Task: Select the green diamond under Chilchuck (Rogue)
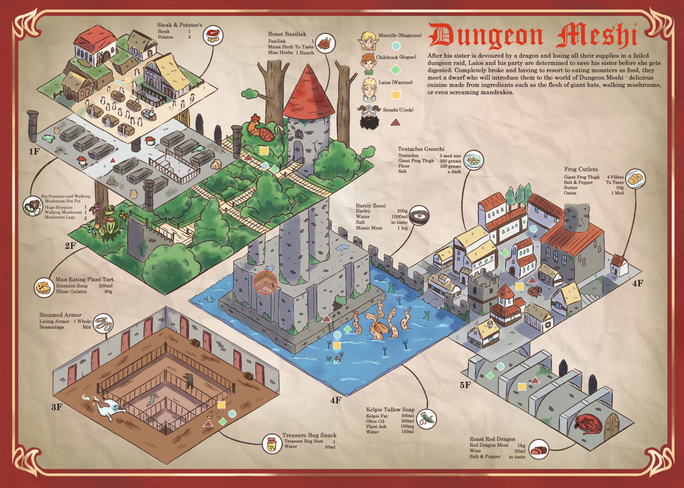point(395,69)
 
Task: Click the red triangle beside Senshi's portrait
point(395,123)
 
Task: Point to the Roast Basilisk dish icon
point(325,43)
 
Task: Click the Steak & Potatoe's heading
point(180,25)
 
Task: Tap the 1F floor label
point(34,152)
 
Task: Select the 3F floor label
point(57,407)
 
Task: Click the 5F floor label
point(465,385)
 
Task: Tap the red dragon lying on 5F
point(588,424)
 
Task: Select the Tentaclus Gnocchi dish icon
point(473,160)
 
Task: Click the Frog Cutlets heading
point(581,169)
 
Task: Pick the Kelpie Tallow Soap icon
point(426,419)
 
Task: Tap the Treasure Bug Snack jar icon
point(272,444)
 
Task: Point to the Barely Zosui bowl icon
point(419,215)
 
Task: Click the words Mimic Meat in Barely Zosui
point(369,228)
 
